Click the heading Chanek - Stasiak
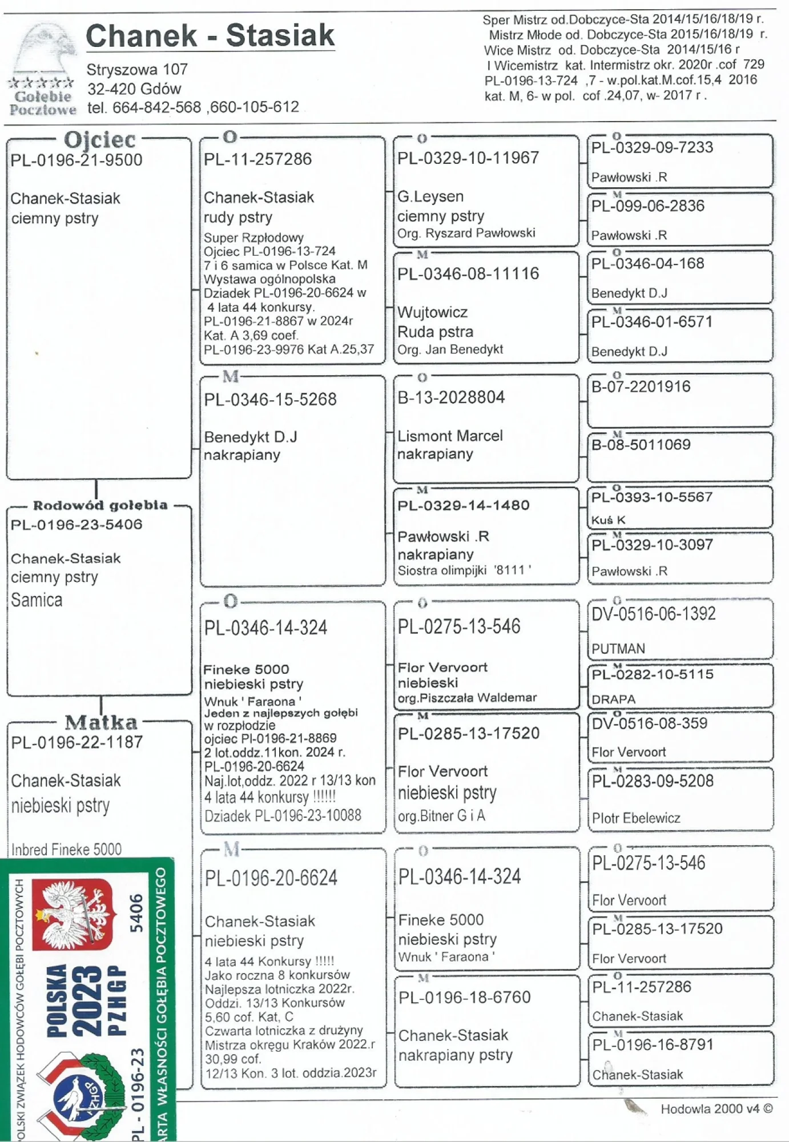[x=210, y=35]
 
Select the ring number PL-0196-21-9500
[x=77, y=160]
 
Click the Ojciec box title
[x=100, y=140]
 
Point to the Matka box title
[x=101, y=722]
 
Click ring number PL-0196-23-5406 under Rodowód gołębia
[x=77, y=524]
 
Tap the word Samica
[x=37, y=600]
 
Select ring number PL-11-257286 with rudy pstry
[x=258, y=159]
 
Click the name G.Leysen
[x=430, y=196]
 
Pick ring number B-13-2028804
[x=451, y=397]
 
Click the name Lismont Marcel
[x=450, y=436]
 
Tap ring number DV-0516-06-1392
[x=654, y=614]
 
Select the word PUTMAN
[x=618, y=649]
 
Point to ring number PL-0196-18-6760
[x=465, y=998]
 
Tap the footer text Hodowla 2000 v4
[x=716, y=1109]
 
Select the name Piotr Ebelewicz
[x=636, y=818]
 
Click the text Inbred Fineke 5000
[x=66, y=850]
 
